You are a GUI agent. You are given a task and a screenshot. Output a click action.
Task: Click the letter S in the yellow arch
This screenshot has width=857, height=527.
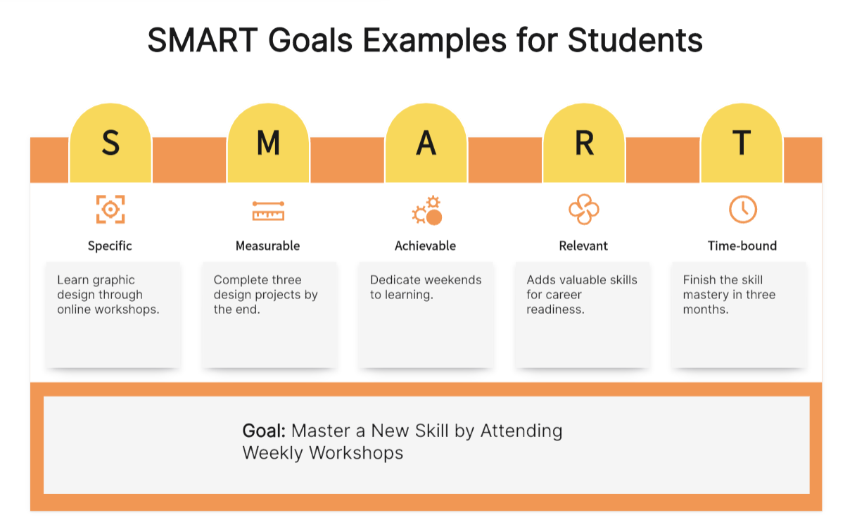pyautogui.click(x=110, y=143)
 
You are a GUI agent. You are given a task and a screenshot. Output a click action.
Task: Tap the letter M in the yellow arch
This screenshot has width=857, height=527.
pyautogui.click(x=268, y=143)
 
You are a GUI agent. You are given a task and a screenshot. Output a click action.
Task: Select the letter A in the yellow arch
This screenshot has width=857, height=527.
pyautogui.click(x=426, y=143)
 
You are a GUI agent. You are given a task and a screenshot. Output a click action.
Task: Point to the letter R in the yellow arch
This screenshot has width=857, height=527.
pyautogui.click(x=584, y=143)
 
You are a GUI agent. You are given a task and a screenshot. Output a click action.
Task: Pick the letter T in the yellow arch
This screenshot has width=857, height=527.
pyautogui.click(x=742, y=143)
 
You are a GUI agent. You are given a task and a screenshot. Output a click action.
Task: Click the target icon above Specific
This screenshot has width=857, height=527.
pyautogui.click(x=110, y=209)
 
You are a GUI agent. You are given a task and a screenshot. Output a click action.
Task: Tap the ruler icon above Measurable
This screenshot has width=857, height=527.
pyautogui.click(x=268, y=211)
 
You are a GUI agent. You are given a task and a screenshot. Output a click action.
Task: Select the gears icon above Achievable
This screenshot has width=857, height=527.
pyautogui.click(x=427, y=210)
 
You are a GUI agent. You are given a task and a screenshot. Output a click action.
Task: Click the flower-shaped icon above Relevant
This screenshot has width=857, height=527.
pyautogui.click(x=584, y=209)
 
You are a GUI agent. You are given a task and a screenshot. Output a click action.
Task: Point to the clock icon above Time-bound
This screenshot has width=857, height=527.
pyautogui.click(x=742, y=210)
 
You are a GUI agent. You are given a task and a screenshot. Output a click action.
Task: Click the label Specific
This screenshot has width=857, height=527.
pyautogui.click(x=110, y=246)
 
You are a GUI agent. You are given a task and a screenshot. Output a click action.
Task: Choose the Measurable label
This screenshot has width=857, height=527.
pyautogui.click(x=268, y=246)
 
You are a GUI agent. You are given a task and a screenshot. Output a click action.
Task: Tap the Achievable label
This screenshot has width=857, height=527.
pyautogui.click(x=426, y=246)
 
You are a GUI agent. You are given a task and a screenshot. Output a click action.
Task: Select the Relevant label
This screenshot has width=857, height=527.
pyautogui.click(x=583, y=246)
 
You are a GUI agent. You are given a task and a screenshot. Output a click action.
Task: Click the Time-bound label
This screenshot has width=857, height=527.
pyautogui.click(x=742, y=246)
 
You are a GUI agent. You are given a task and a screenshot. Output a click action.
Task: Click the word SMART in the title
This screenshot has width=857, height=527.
pyautogui.click(x=203, y=40)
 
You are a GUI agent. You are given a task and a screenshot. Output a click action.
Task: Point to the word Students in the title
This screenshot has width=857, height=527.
pyautogui.click(x=635, y=40)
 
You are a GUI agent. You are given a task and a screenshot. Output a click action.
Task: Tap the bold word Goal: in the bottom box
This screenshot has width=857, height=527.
pyautogui.click(x=264, y=431)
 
